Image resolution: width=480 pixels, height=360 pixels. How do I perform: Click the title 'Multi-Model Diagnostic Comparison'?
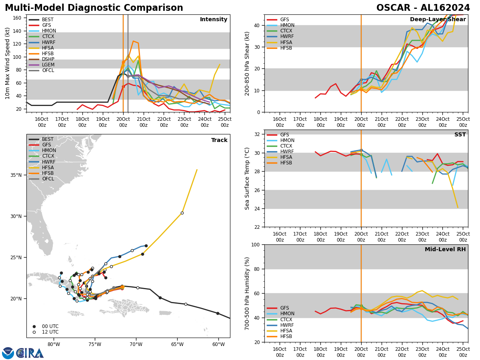(x=94, y=8)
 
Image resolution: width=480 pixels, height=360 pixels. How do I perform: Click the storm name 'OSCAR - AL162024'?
(x=423, y=8)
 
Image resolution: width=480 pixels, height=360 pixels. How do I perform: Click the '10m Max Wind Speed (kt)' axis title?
(x=8, y=63)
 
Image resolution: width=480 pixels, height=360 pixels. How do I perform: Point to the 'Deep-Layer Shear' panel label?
(x=438, y=20)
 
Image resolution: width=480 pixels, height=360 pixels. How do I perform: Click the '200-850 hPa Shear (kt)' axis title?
(x=247, y=63)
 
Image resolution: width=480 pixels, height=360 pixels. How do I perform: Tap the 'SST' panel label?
(x=460, y=135)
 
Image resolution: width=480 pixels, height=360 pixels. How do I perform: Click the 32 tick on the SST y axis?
(x=257, y=134)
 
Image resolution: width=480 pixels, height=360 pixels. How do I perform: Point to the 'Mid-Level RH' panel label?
(x=445, y=250)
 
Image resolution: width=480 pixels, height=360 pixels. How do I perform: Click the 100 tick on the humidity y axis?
(x=256, y=245)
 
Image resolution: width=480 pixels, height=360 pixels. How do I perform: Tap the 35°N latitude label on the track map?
(x=15, y=175)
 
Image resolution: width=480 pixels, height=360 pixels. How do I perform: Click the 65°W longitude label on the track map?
(x=177, y=345)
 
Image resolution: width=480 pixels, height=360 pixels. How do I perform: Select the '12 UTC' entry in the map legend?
(x=50, y=332)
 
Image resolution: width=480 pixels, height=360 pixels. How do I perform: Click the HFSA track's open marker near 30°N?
(x=182, y=213)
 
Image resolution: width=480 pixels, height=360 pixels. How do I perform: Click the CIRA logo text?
(x=30, y=353)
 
